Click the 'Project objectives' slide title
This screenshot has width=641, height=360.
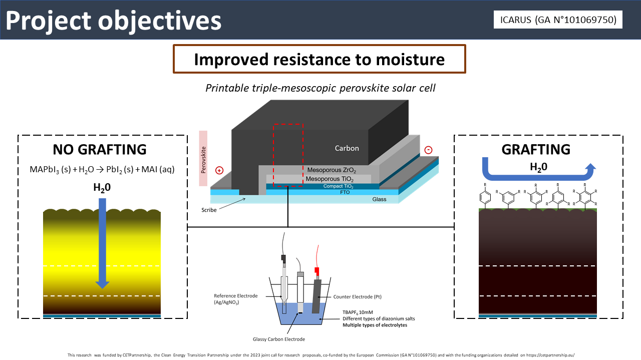tap(114, 21)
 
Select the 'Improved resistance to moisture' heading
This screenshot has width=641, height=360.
tap(319, 60)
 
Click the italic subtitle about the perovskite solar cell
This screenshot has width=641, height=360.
tap(320, 88)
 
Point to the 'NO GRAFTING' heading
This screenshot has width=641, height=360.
tap(100, 149)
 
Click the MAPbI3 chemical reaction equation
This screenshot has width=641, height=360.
tap(102, 169)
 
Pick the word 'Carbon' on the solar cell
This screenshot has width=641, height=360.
tap(347, 148)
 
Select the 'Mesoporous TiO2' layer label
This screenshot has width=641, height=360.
tap(329, 179)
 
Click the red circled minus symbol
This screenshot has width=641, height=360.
tap(428, 150)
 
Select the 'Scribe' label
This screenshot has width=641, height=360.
tap(209, 210)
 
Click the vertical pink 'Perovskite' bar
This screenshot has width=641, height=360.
tap(203, 158)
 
